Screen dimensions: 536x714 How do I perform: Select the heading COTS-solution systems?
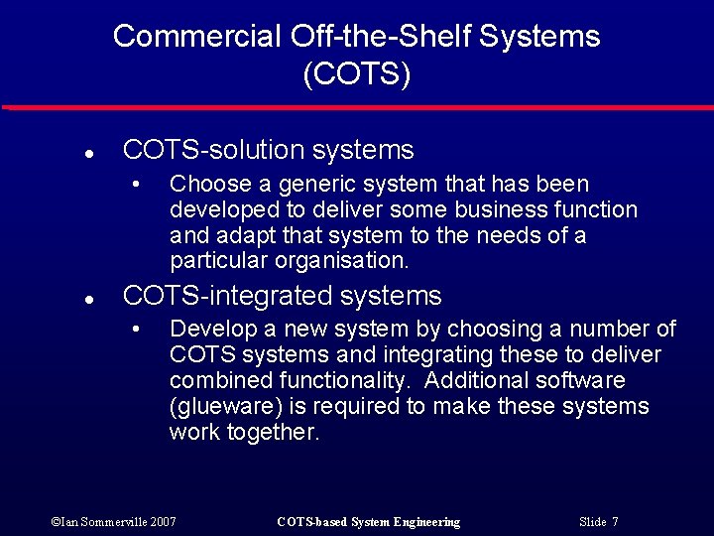pos(268,150)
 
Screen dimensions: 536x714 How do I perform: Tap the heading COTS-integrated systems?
pos(282,296)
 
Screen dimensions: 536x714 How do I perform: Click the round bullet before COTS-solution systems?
pos(88,154)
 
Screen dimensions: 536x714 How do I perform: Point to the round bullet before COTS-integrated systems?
pos(88,299)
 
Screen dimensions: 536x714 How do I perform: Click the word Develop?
pos(206,330)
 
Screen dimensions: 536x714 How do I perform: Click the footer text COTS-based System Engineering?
pos(368,522)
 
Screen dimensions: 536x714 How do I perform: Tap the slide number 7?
pos(615,522)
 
